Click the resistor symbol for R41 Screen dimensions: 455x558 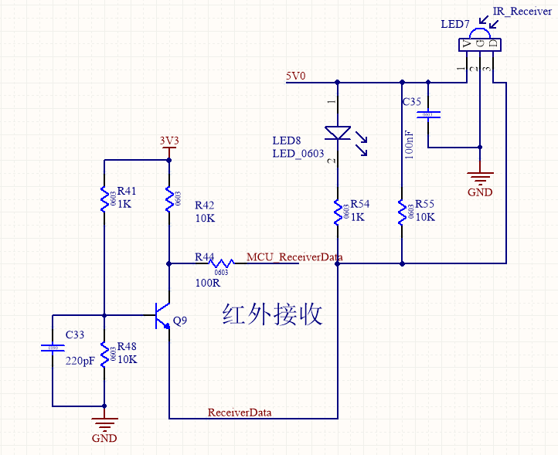pos(104,199)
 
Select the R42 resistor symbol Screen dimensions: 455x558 pos(168,199)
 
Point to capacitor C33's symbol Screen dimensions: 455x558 pos(53,348)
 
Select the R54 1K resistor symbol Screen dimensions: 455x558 pos(338,211)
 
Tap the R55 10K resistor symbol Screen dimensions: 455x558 pos(402,211)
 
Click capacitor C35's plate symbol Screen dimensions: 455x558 pos(428,115)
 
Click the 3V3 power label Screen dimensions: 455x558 pos(169,141)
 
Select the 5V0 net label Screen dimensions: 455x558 pos(296,76)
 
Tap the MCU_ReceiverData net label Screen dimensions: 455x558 pos(294,256)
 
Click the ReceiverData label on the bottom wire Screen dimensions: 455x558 pos(240,413)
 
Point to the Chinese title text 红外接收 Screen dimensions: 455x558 pos(272,314)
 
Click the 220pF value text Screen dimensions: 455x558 pos(79,361)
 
